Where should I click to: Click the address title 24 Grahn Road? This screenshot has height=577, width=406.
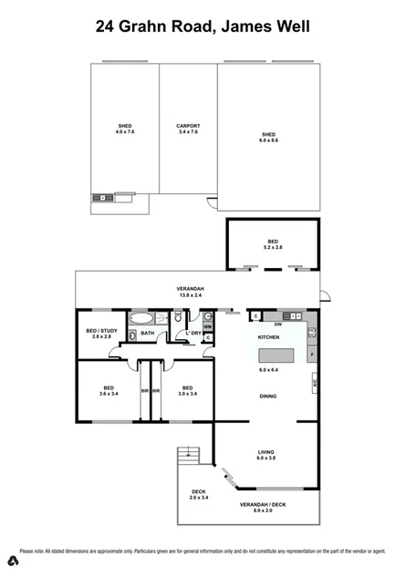click(203, 27)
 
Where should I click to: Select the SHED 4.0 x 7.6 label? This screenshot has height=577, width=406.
click(125, 129)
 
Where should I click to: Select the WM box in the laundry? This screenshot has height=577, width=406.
click(207, 326)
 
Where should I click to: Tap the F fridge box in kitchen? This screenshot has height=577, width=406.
click(313, 353)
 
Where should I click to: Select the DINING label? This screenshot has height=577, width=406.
click(267, 396)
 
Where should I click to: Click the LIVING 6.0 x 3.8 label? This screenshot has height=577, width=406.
click(267, 455)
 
